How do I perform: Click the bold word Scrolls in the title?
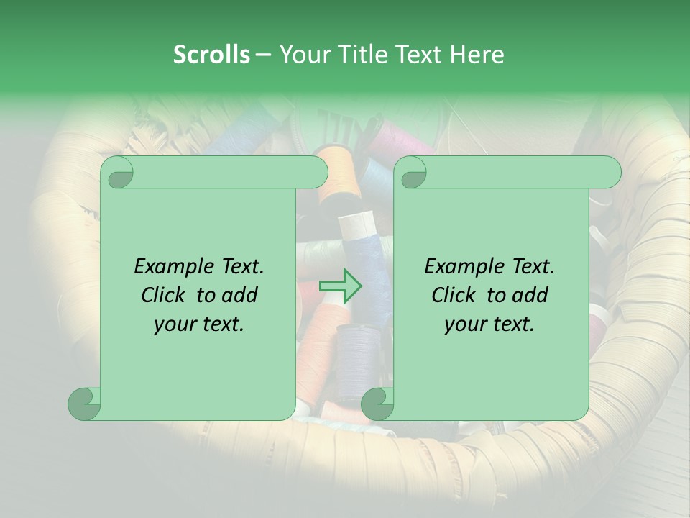(212, 55)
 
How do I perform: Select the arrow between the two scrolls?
(341, 286)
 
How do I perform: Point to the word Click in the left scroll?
(166, 295)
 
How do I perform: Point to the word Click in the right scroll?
(456, 295)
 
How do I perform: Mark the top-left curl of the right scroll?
(412, 173)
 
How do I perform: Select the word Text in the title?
(416, 55)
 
